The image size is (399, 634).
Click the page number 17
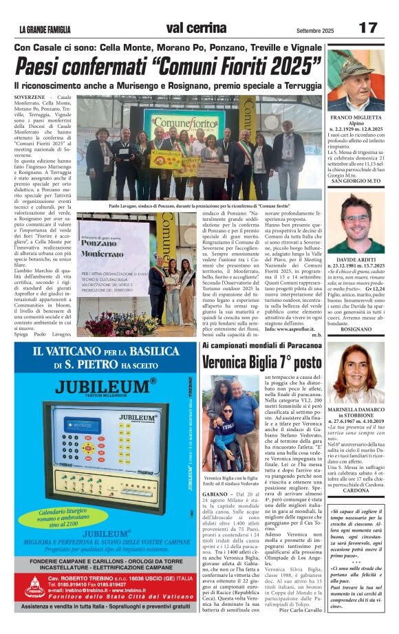[x=368, y=28]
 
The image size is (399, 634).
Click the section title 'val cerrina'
[x=197, y=28]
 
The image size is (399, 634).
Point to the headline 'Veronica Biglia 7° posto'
[x=261, y=362]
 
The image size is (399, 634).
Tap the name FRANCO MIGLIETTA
[x=360, y=117]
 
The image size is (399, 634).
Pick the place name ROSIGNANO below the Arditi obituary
[x=360, y=329]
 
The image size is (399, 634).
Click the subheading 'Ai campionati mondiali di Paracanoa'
[x=261, y=345]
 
